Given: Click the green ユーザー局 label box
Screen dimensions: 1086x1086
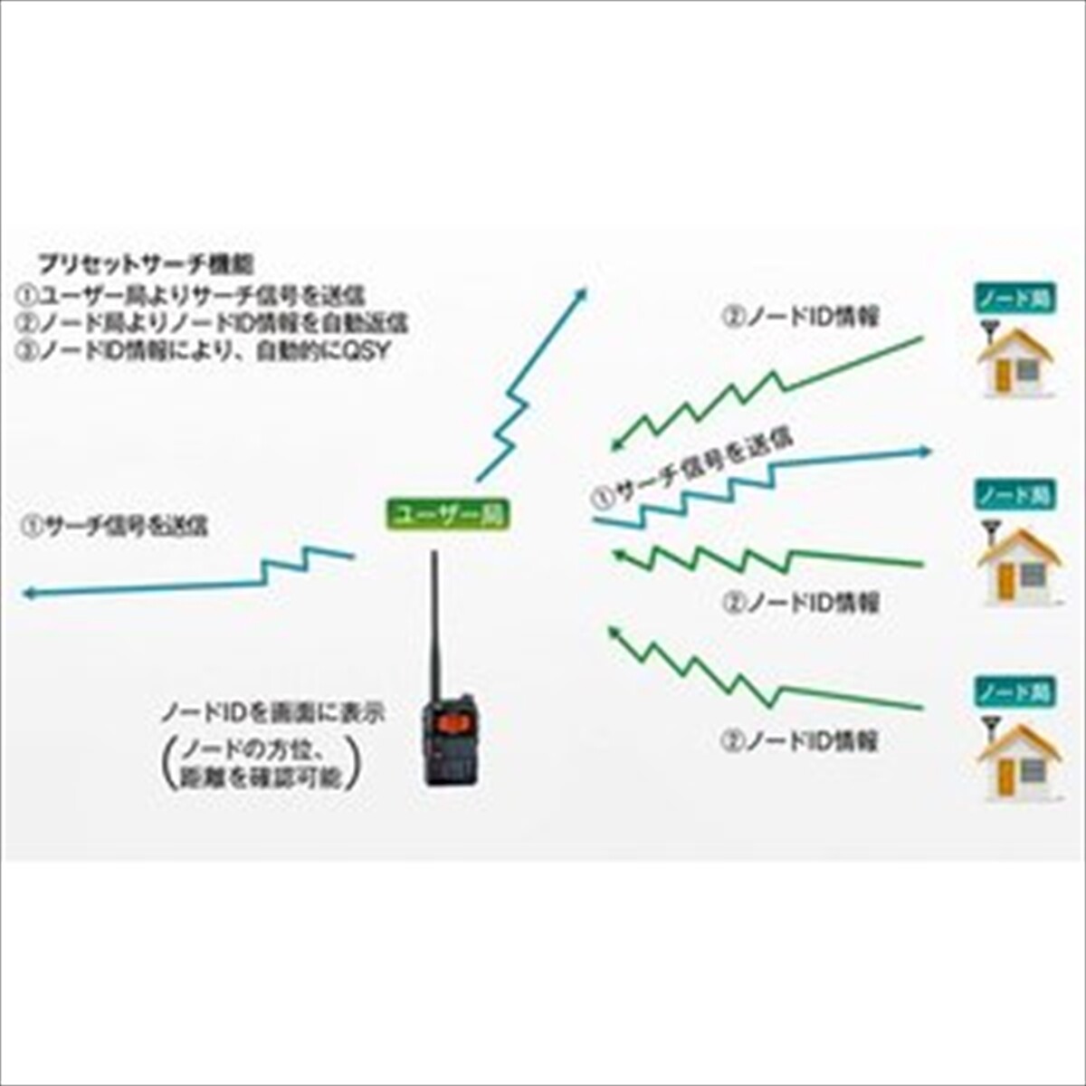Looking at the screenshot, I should (448, 514).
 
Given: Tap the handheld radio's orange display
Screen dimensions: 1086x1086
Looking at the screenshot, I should (449, 724).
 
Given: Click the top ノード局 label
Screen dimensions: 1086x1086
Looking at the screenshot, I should (1014, 300).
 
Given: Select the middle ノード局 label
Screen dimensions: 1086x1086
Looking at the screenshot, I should (1014, 495).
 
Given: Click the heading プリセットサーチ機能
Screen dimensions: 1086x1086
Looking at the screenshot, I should (145, 265).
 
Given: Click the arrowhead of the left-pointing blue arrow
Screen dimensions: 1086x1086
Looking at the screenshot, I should (29, 594).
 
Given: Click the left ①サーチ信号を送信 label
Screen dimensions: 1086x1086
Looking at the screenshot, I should (115, 526).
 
